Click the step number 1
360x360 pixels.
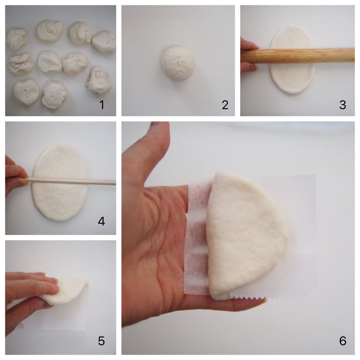pos(102,105)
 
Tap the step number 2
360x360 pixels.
pos(225,105)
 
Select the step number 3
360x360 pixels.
pos(343,105)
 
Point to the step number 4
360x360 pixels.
pos(101,221)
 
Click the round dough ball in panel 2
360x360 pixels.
pos(178,64)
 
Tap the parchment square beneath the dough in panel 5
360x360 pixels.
pos(56,318)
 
